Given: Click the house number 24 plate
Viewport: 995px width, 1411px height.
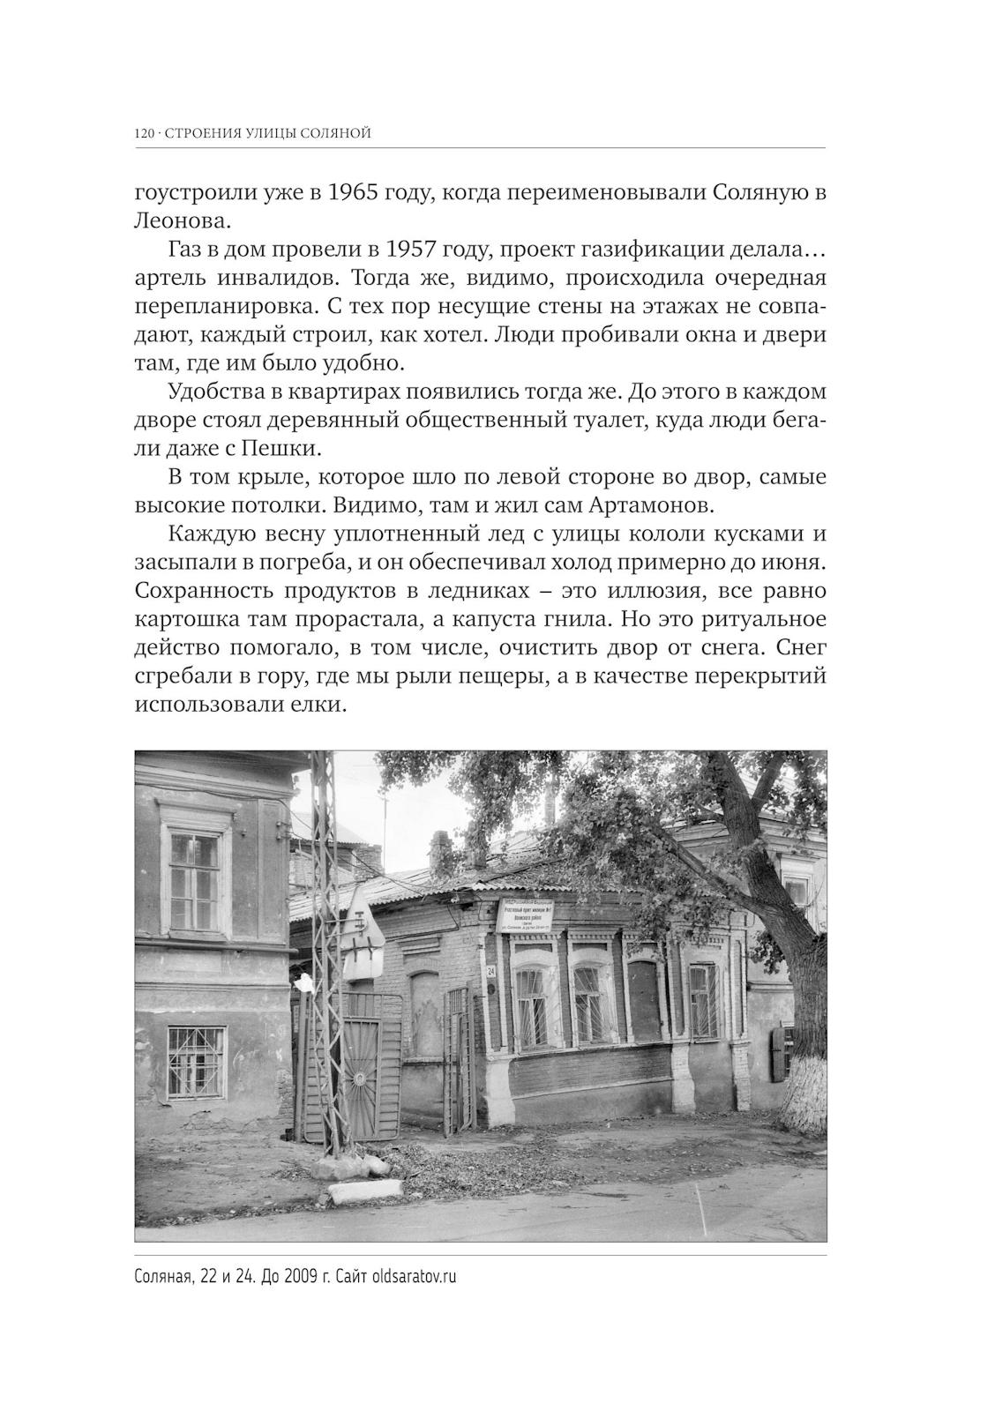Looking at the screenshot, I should [491, 971].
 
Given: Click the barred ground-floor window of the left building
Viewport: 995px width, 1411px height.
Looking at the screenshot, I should [197, 1063].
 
